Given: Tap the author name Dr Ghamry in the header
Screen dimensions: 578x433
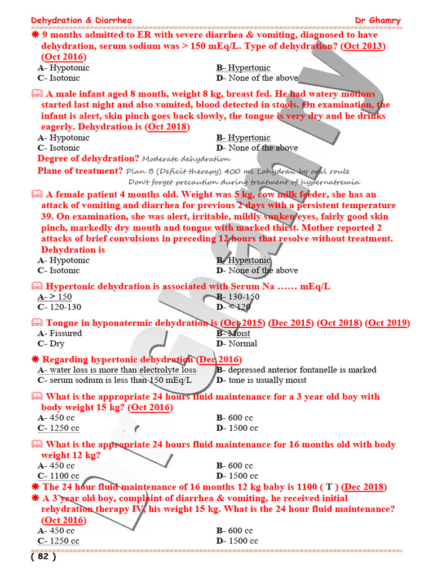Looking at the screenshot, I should [x=377, y=21].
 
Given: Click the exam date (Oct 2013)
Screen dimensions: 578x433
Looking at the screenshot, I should [x=364, y=46].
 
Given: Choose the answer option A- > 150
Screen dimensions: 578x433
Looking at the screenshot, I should [x=55, y=297].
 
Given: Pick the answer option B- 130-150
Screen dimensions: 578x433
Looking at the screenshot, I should [x=238, y=297].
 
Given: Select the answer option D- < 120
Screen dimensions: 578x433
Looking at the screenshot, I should [x=233, y=307].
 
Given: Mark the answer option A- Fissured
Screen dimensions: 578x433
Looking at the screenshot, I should [x=60, y=333].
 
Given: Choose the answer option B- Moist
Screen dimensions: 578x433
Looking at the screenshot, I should [x=233, y=333].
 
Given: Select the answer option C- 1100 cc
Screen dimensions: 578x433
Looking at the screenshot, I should [x=59, y=476].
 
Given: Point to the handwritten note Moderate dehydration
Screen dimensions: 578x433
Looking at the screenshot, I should [x=186, y=159].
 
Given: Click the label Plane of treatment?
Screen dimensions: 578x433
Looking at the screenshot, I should [x=80, y=170].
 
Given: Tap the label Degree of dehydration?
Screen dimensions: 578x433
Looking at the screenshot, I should [x=88, y=159].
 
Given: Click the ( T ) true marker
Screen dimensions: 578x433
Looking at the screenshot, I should [x=328, y=487].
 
